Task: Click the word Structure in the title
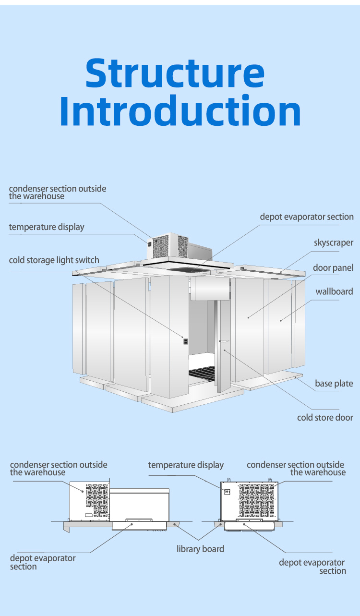click(x=175, y=73)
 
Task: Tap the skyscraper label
click(x=334, y=243)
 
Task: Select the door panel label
click(x=333, y=267)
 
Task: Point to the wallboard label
click(x=334, y=291)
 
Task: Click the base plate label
click(x=334, y=384)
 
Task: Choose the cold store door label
click(x=325, y=417)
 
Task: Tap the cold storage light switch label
click(x=54, y=260)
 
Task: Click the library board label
click(x=200, y=549)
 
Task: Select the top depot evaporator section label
click(x=307, y=217)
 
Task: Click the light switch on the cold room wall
click(x=185, y=341)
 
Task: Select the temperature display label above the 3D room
click(x=46, y=227)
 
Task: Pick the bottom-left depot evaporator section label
click(x=43, y=562)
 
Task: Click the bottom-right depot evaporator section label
click(x=312, y=567)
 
